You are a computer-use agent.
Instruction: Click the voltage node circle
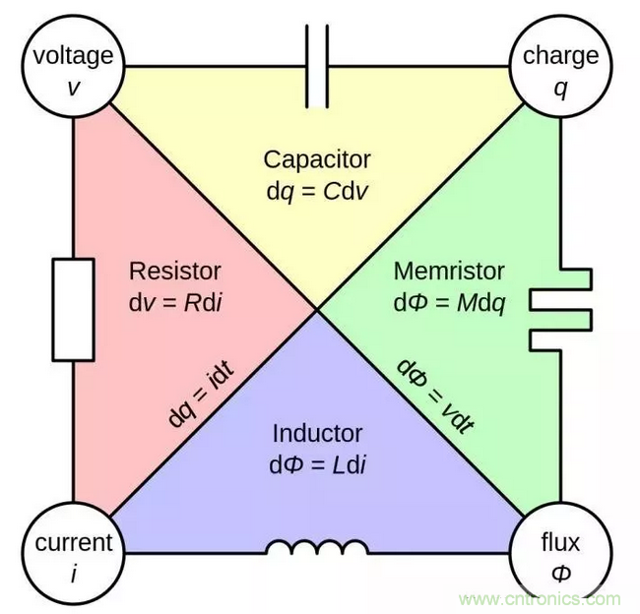73,69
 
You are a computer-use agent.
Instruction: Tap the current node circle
73,554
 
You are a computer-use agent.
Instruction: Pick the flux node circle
560,554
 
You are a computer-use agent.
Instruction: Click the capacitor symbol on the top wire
317,66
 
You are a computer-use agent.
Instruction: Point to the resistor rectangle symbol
73,309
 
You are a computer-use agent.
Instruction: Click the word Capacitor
316,159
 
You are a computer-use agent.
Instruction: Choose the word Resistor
175,271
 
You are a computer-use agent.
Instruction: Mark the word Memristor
449,271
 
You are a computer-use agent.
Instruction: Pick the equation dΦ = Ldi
317,461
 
